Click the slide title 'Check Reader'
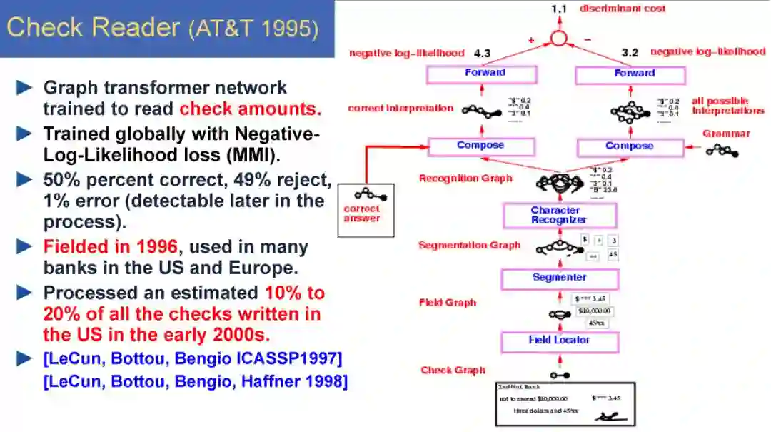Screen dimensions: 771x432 (93, 28)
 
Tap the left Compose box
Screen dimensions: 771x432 (481, 146)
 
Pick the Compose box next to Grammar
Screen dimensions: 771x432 (630, 147)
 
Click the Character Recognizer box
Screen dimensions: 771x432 (560, 215)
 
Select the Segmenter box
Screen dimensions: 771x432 (560, 278)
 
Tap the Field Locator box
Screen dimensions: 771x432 (560, 341)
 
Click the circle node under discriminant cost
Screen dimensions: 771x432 (558, 38)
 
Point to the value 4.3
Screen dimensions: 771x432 (483, 53)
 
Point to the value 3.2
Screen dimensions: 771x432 (630, 52)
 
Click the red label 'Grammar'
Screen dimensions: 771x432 (726, 134)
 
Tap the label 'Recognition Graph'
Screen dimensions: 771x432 (465, 179)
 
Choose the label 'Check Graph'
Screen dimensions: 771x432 (453, 370)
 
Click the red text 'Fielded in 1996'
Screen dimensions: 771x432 (110, 248)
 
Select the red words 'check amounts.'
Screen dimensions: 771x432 (250, 109)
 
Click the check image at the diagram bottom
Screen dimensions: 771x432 (566, 403)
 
